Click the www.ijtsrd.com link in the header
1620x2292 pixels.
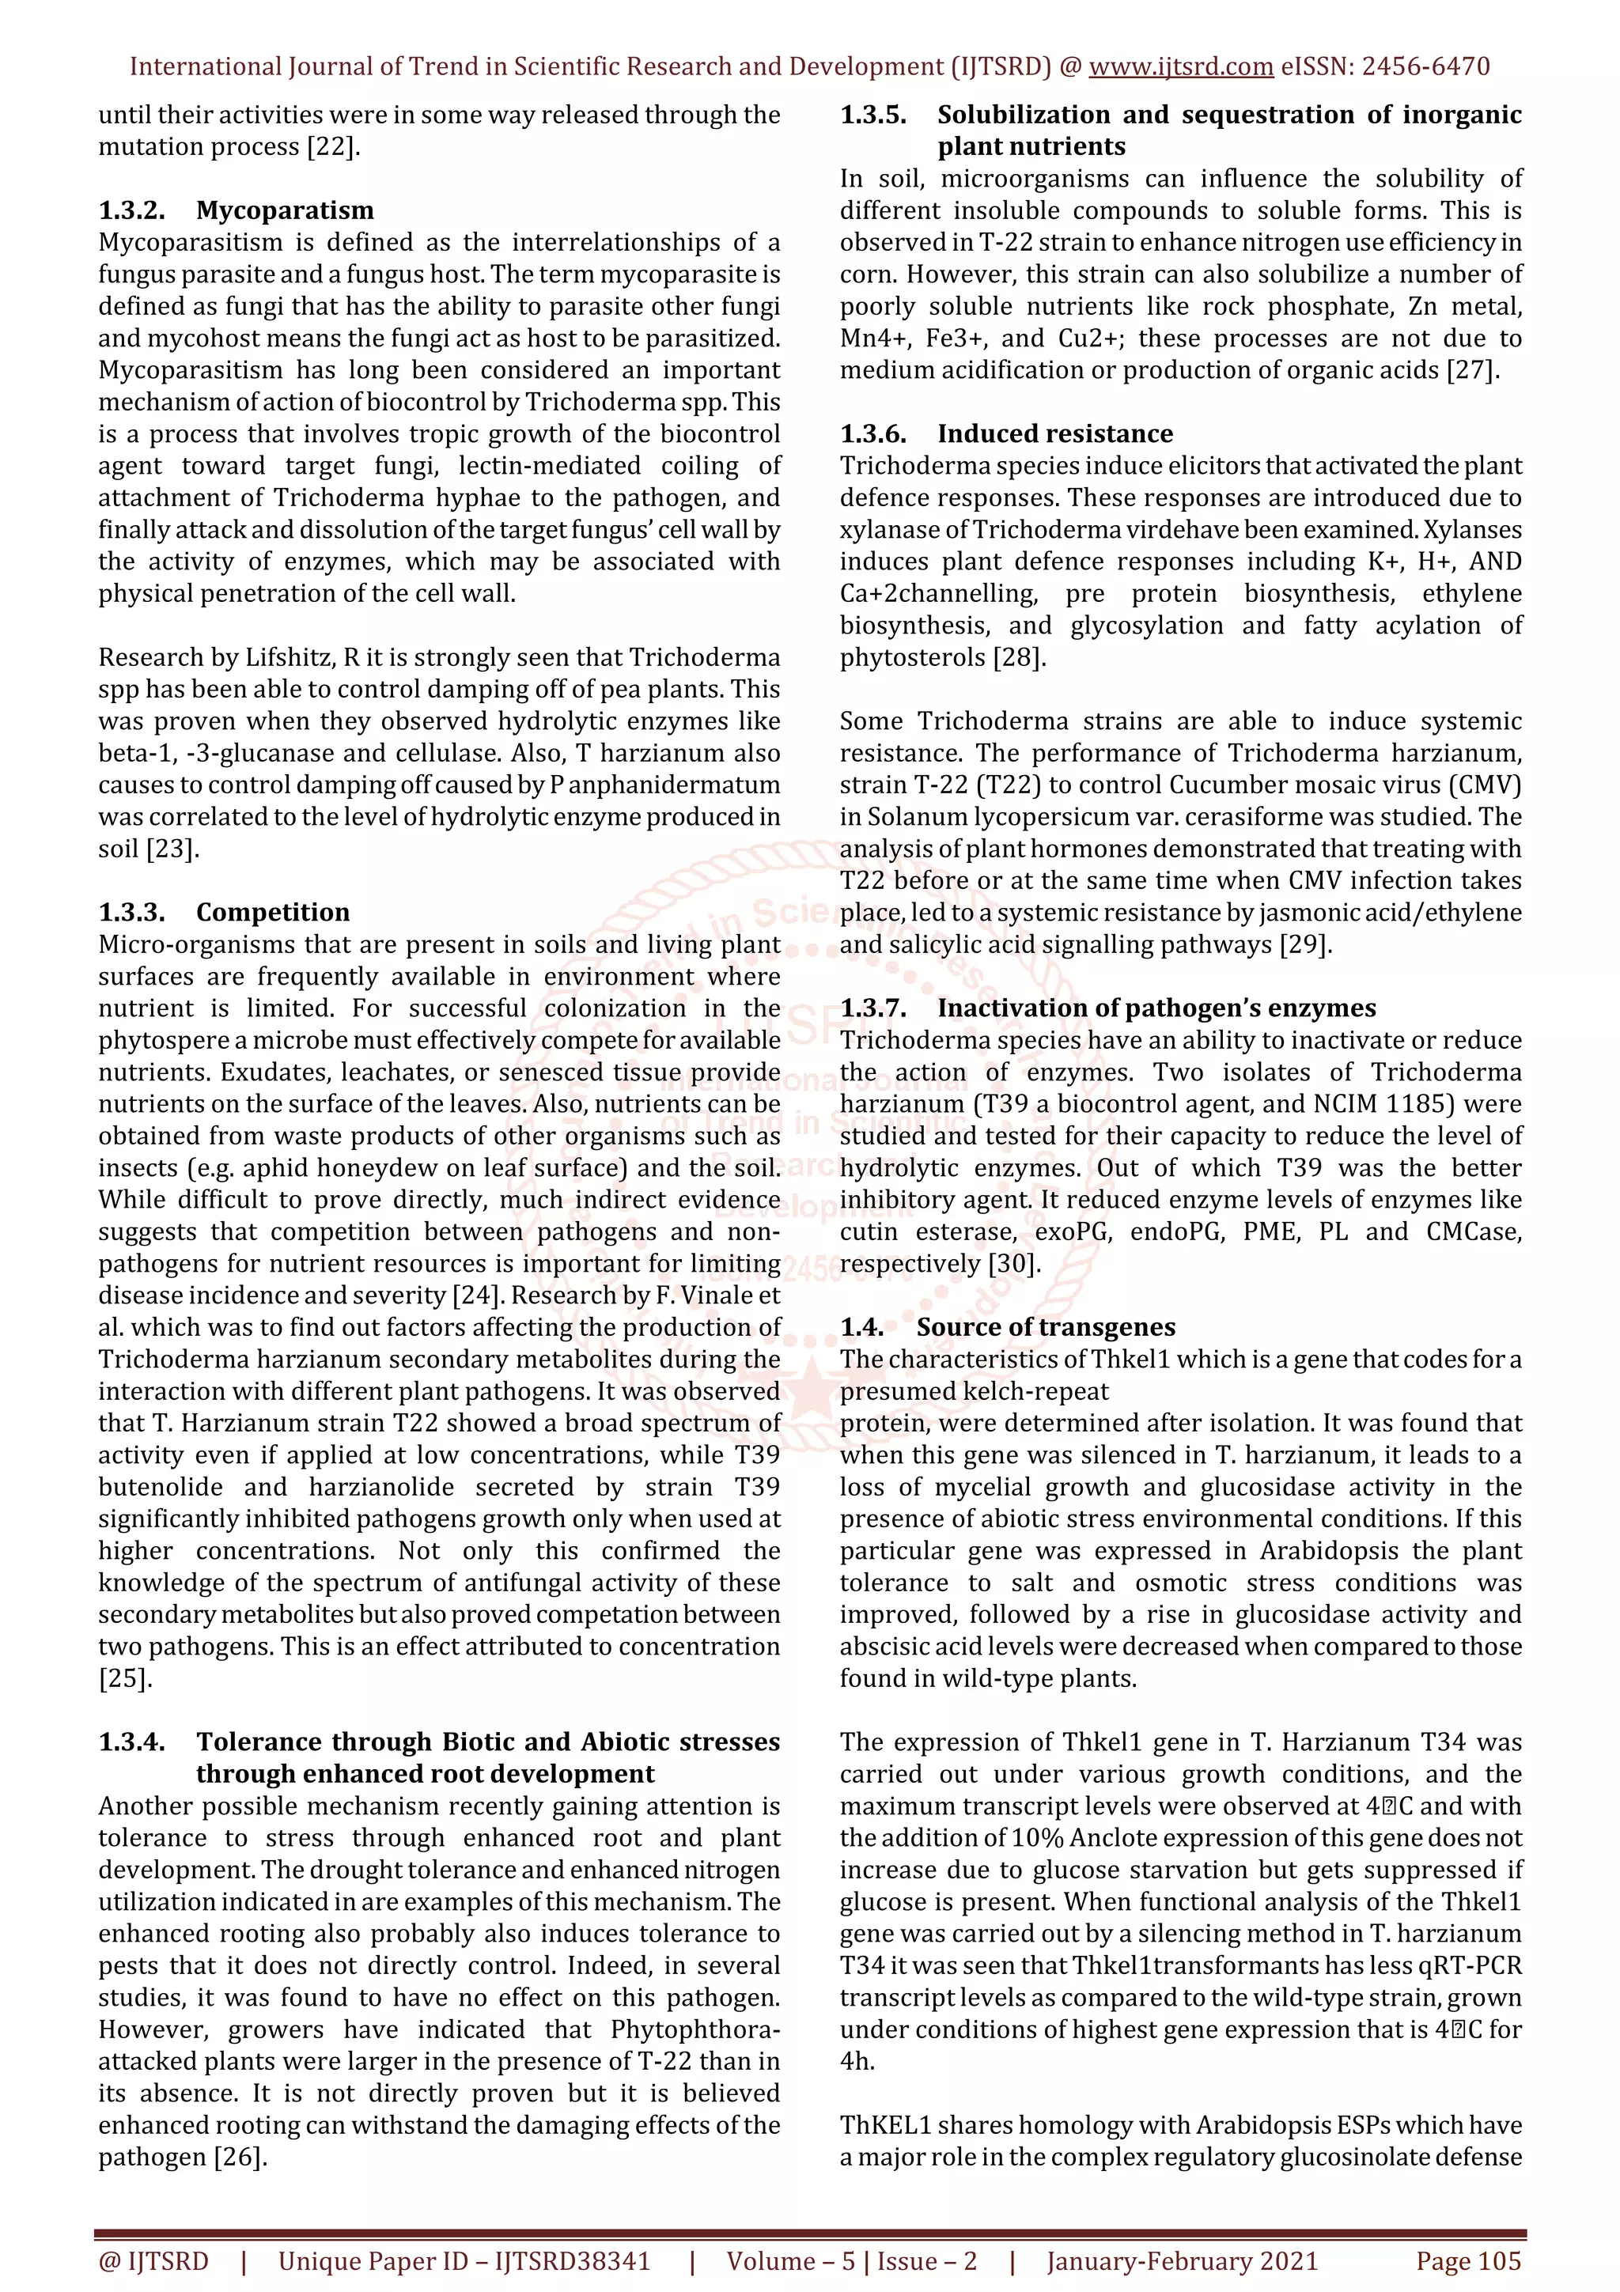click(x=1180, y=67)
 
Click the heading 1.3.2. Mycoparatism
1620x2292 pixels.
click(x=236, y=210)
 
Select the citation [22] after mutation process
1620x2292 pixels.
click(x=332, y=147)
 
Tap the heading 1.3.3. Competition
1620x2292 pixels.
click(x=224, y=913)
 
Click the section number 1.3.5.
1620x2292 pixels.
click(x=873, y=115)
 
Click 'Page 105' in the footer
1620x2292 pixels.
click(x=1467, y=2261)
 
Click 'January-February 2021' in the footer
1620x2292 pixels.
click(x=1182, y=2261)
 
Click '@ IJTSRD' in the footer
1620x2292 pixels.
click(x=153, y=2261)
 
